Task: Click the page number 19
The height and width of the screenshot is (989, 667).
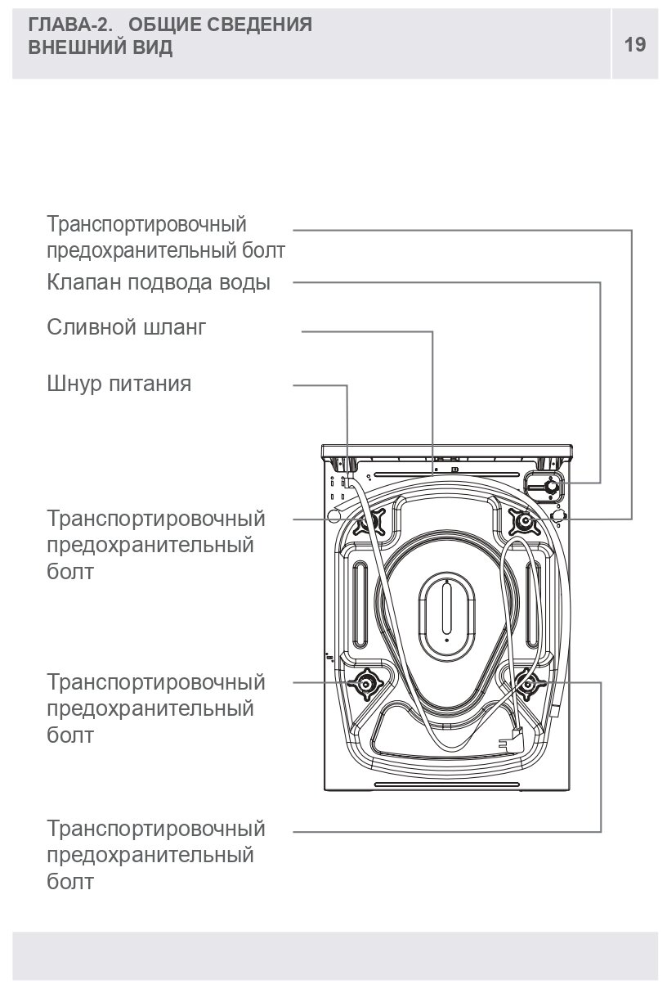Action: point(635,44)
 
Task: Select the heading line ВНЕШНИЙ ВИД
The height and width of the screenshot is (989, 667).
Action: point(101,47)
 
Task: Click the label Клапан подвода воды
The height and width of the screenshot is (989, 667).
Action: point(159,283)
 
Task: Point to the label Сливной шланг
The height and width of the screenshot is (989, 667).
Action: point(127,328)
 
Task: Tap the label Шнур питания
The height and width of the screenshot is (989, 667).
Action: point(119,384)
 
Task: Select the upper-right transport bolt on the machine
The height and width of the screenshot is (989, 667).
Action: point(522,520)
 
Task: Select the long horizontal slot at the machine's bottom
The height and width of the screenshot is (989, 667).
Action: point(446,786)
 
